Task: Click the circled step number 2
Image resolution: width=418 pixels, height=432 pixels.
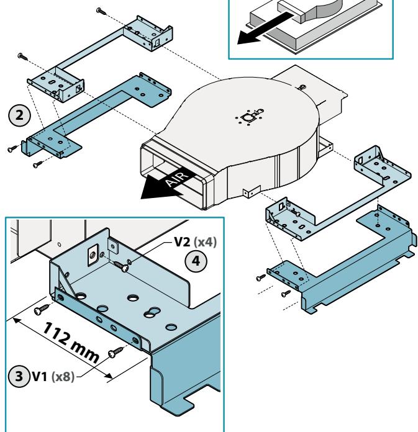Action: [x=19, y=115]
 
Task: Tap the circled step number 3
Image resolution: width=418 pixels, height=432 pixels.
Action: [x=19, y=376]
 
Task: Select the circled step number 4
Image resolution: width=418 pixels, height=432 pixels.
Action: [x=196, y=261]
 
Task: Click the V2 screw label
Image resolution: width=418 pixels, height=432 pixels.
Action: [x=182, y=242]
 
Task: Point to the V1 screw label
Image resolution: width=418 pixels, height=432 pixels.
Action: [x=40, y=376]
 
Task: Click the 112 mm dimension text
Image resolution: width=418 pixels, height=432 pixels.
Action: [x=71, y=342]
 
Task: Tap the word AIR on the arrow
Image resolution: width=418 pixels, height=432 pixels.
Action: [x=178, y=178]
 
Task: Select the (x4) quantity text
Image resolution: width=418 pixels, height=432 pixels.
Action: [x=205, y=242]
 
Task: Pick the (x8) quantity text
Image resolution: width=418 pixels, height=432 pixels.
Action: [x=63, y=377]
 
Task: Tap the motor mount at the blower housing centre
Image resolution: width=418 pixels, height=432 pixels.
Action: [x=250, y=117]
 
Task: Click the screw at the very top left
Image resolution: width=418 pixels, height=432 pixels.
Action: [x=101, y=11]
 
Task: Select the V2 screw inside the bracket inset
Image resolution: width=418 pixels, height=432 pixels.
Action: [x=122, y=266]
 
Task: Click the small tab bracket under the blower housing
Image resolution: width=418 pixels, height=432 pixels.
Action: [x=252, y=191]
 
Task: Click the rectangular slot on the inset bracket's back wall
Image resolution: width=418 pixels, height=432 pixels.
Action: [x=93, y=255]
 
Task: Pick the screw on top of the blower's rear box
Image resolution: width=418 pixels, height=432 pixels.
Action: [x=302, y=88]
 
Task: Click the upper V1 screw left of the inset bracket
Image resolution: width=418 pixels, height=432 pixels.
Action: [x=42, y=309]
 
